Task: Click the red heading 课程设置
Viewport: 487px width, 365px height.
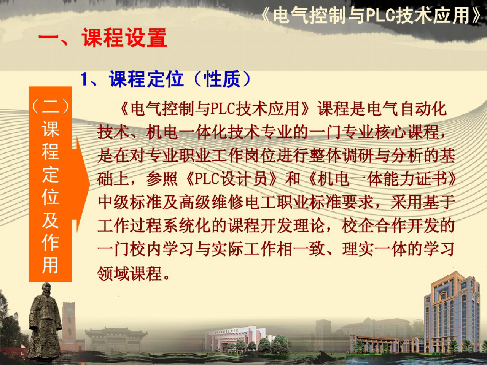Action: [x=124, y=38]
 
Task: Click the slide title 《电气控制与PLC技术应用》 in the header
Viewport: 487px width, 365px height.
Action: [x=371, y=16]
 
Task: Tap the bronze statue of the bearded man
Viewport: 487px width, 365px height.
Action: [x=45, y=321]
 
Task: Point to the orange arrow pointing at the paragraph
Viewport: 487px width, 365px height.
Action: [x=82, y=184]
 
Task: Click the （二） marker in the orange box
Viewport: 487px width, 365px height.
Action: [x=50, y=106]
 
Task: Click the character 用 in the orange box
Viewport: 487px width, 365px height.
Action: [x=50, y=265]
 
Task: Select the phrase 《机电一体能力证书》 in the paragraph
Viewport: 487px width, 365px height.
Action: [x=382, y=179]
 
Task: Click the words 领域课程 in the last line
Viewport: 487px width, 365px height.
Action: [x=130, y=273]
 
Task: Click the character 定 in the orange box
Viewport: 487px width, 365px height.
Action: [x=50, y=175]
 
